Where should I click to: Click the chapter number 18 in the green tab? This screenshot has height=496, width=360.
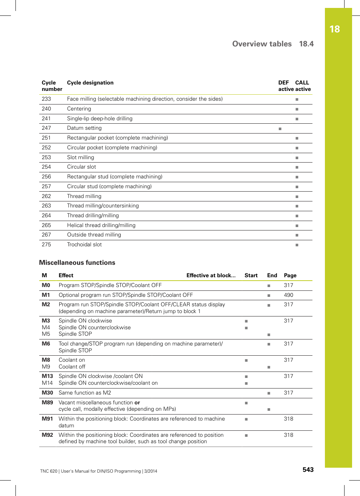pos(334,29)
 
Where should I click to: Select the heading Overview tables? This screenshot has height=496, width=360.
pos(262,44)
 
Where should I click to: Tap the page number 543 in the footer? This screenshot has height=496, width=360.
pos(308,470)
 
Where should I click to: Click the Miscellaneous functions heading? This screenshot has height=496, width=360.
pos(77,263)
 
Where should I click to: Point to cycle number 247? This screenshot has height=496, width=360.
pos(46,128)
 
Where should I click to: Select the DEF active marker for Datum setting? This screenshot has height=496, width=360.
pos(280,129)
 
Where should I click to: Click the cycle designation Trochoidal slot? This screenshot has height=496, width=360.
pos(84,244)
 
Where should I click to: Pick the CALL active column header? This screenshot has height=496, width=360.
pos(302,86)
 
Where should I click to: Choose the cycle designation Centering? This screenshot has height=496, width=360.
pos(79,109)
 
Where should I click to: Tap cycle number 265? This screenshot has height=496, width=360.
pos(46,225)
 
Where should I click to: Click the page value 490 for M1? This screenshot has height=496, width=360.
pos(288,295)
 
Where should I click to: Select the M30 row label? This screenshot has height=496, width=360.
pos(47,393)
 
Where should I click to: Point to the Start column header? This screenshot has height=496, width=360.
pos(251,275)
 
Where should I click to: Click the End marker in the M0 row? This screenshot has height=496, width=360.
pos(269,286)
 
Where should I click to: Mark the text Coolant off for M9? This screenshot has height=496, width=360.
pos(72,367)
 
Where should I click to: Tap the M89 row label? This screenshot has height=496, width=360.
pos(47,402)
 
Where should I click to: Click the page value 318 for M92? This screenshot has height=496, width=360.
pos(288,435)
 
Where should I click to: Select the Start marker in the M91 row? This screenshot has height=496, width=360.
pos(246,419)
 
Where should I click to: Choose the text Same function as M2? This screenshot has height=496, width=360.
pos(85,393)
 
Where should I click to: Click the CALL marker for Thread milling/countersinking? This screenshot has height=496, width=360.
pos(297,206)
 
